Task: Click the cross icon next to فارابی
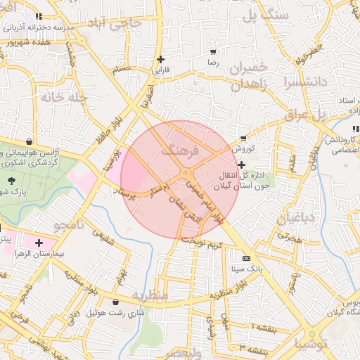(161, 59)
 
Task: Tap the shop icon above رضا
(213, 52)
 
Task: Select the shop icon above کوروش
(243, 138)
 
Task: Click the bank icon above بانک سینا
(245, 259)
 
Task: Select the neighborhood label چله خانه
(64, 96)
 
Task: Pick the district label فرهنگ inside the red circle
(181, 150)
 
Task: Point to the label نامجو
(68, 225)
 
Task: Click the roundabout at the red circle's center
(186, 173)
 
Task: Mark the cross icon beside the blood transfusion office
(242, 165)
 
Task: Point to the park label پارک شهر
(11, 191)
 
